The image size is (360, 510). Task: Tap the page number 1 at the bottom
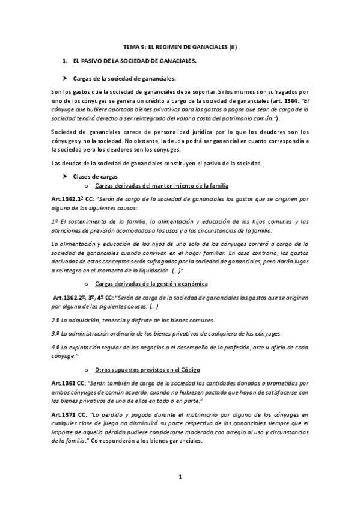pyautogui.click(x=180, y=478)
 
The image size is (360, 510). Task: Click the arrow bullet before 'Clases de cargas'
pyautogui.click(x=66, y=176)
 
